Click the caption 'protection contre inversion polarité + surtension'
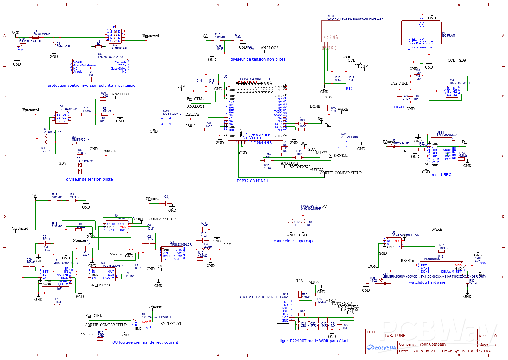pyautogui.click(x=93, y=86)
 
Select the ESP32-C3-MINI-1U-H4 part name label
pyautogui.click(x=255, y=79)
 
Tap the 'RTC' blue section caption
pyautogui.click(x=349, y=89)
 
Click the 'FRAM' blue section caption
pyautogui.click(x=399, y=107)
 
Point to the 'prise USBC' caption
pyautogui.click(x=441, y=175)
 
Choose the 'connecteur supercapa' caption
pyautogui.click(x=294, y=241)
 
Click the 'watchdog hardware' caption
pyautogui.click(x=427, y=282)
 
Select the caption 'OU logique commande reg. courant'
pyautogui.click(x=145, y=342)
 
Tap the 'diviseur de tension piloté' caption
pyautogui.click(x=89, y=179)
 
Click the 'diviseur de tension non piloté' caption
pyautogui.click(x=258, y=59)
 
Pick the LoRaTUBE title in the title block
pyautogui.click(x=395, y=336)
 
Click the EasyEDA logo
pyautogui.click(x=381, y=348)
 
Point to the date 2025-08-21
pyautogui.click(x=424, y=351)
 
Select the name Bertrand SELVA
pyautogui.click(x=476, y=351)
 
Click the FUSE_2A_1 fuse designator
pyautogui.click(x=309, y=206)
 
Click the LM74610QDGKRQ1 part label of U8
pyautogui.click(x=111, y=57)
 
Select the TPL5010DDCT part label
pyautogui.click(x=432, y=259)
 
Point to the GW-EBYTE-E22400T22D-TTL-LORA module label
pyautogui.click(x=264, y=297)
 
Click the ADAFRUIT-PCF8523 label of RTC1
pyautogui.click(x=355, y=19)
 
